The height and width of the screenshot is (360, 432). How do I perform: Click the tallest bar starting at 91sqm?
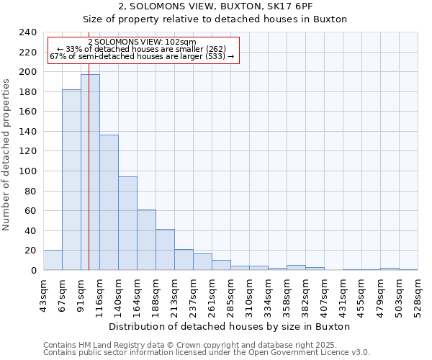[90, 173]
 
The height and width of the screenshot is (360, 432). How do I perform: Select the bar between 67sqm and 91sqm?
[71, 180]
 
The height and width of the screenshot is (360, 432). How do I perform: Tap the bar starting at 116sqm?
[109, 202]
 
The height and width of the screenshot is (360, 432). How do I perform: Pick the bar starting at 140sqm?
[127, 223]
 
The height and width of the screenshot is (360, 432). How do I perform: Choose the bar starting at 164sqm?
[146, 240]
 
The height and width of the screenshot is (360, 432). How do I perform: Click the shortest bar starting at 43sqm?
[53, 261]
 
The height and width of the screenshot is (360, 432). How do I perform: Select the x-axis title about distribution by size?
[230, 326]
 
